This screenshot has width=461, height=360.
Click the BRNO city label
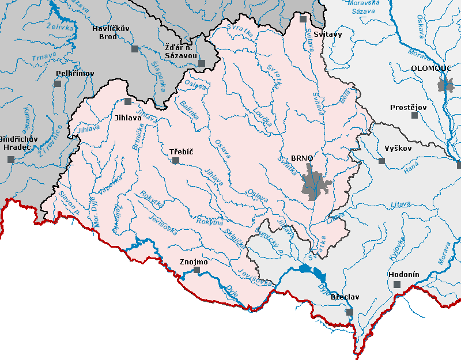[x=302, y=158]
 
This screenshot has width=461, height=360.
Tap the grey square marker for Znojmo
[x=197, y=270]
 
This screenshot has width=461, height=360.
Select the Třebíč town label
[x=181, y=152]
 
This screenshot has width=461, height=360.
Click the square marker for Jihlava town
[x=128, y=101]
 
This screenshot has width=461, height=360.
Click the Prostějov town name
[x=407, y=107]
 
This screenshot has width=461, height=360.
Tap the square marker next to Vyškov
[x=381, y=161]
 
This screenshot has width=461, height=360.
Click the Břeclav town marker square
[x=349, y=312]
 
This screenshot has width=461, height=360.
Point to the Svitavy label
[x=328, y=34]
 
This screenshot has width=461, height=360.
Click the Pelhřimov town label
[x=71, y=74]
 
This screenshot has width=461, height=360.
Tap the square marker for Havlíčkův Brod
[x=135, y=49]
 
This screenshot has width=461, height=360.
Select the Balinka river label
[x=191, y=108]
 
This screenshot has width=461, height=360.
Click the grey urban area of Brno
[x=315, y=183]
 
